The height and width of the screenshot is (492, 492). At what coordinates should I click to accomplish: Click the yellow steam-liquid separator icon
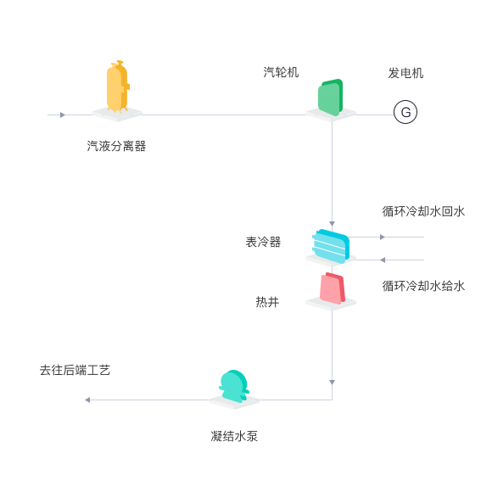[118, 87]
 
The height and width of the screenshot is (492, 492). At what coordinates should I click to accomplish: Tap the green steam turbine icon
[331, 98]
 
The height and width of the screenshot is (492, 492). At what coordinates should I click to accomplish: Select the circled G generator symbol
[405, 112]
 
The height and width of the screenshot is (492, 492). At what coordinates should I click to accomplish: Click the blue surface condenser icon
[331, 246]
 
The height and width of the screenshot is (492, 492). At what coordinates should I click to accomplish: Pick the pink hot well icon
[333, 288]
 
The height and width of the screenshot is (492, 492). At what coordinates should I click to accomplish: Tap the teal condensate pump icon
[234, 386]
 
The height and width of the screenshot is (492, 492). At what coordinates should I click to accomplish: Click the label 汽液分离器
[116, 146]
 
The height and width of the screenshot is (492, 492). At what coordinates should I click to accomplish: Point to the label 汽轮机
[281, 72]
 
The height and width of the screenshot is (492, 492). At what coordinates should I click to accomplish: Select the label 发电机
[405, 73]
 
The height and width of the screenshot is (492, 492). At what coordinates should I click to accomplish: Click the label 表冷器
[263, 242]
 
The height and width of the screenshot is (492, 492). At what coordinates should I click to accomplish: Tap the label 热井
[267, 302]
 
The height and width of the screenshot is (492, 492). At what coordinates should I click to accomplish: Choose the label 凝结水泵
[234, 436]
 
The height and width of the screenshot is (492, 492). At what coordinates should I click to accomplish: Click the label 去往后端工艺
[75, 370]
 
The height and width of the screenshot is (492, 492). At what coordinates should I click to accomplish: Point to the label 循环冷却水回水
[423, 211]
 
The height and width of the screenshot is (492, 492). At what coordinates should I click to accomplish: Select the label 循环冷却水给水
[423, 286]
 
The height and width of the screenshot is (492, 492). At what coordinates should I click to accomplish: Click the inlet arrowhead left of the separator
[63, 115]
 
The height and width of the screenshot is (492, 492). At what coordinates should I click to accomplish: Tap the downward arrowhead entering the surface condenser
[332, 224]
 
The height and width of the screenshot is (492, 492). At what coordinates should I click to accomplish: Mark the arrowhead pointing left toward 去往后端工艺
[87, 400]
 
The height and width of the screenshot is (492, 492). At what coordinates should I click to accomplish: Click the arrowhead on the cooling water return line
[383, 237]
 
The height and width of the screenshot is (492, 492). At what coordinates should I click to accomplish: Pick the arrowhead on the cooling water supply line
[383, 260]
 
